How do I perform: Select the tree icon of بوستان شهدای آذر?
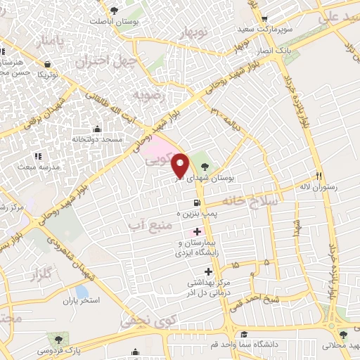click(204, 167)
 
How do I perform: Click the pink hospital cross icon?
click(196, 231)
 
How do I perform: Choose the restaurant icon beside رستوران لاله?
click(319, 176)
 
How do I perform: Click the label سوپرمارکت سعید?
click(283, 31)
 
